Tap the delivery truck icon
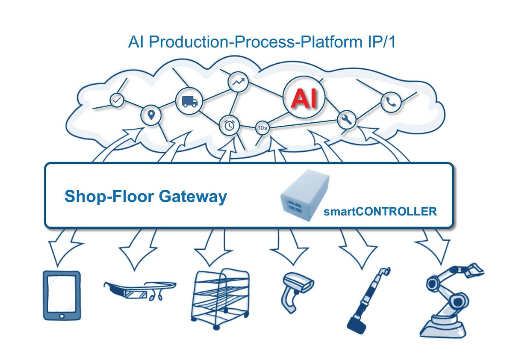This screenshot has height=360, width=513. coord(189,101)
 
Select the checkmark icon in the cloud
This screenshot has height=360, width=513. coord(116,100)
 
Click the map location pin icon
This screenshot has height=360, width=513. coord(150,115)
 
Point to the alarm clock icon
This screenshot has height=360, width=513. coord(230,125)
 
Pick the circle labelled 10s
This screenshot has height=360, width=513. coord(262,127)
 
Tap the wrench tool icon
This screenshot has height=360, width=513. coord(347,121)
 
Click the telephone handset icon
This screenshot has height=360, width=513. coord(390,102)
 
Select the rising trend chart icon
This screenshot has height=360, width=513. coord(237,82)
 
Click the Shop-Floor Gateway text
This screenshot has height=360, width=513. coord(145,197)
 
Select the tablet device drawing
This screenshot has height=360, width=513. coord(62,295)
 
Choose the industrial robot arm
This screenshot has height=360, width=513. coord(451,299)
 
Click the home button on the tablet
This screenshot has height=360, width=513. coord(62,316)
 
